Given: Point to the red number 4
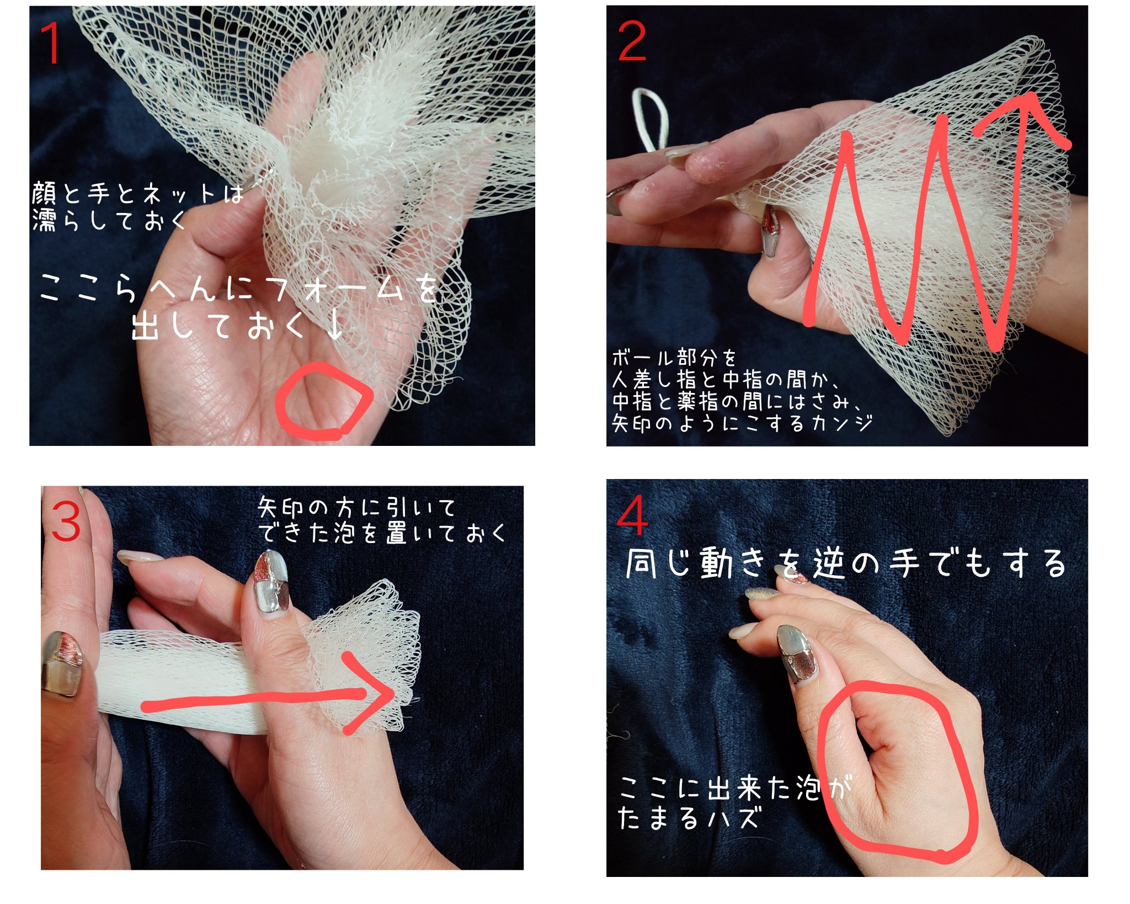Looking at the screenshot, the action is [x=632, y=515].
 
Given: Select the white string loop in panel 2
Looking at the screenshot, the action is [x=651, y=119].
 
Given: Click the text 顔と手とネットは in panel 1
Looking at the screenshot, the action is [x=137, y=194].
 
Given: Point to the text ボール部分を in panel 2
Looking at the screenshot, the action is [x=674, y=358].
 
